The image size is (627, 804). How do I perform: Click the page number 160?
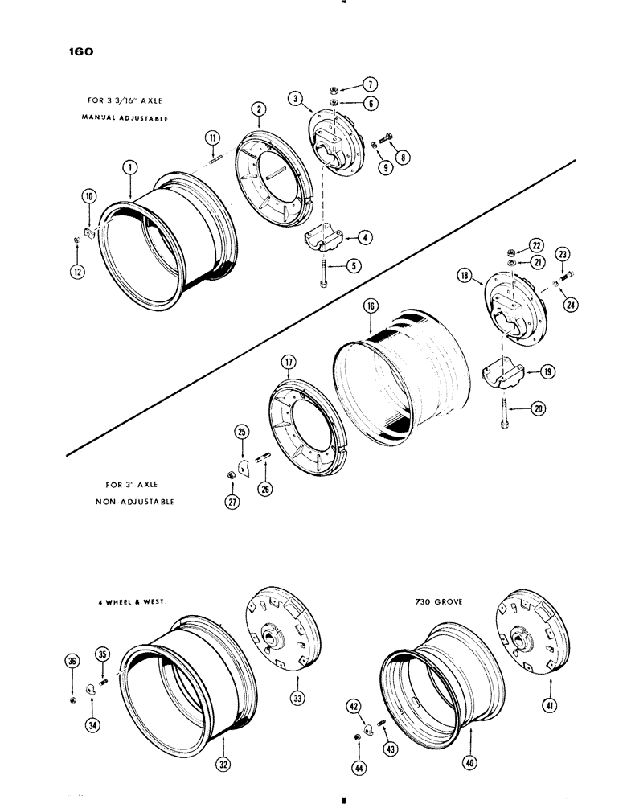pos(81,52)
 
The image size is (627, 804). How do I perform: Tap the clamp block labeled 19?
pos(502,375)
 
